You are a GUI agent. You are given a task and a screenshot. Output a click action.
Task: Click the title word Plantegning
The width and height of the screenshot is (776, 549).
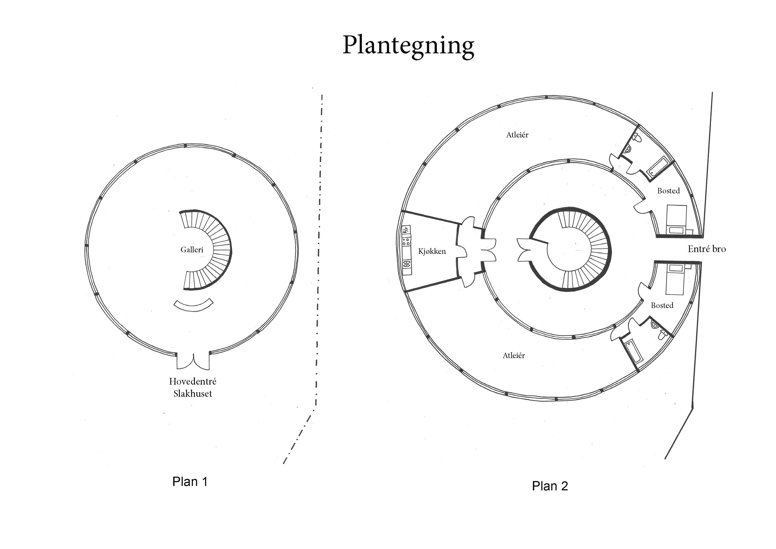(408, 46)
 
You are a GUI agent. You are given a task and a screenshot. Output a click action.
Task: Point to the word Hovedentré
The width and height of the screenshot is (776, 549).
(193, 382)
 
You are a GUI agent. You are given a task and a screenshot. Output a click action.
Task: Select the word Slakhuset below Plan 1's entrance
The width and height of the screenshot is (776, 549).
(193, 393)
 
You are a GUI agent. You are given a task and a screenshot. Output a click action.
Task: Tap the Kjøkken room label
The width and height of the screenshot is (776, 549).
(432, 251)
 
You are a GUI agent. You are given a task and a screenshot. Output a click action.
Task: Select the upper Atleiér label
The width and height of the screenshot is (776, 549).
(517, 135)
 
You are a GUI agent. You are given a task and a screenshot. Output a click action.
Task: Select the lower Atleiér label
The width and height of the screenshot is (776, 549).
(514, 355)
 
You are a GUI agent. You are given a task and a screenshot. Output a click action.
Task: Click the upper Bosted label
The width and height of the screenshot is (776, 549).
(668, 191)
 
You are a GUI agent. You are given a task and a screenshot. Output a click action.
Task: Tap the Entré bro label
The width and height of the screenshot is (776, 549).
(707, 249)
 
